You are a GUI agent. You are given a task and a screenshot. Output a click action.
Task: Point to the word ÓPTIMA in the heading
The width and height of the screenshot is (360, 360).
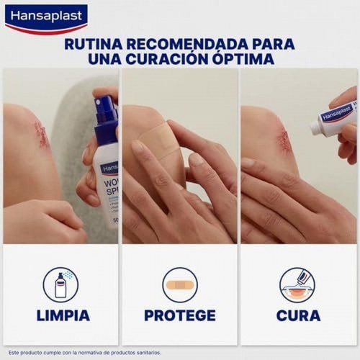click(x=244, y=60)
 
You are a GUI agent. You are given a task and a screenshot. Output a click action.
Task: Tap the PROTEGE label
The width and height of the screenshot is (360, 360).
click(x=179, y=315)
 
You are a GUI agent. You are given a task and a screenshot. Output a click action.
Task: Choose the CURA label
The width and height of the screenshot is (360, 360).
click(x=298, y=315)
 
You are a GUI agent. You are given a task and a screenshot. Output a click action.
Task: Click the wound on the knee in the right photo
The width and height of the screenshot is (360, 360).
click(x=284, y=140)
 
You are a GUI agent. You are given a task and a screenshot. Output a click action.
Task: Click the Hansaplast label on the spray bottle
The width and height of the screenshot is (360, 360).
click(x=110, y=168)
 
